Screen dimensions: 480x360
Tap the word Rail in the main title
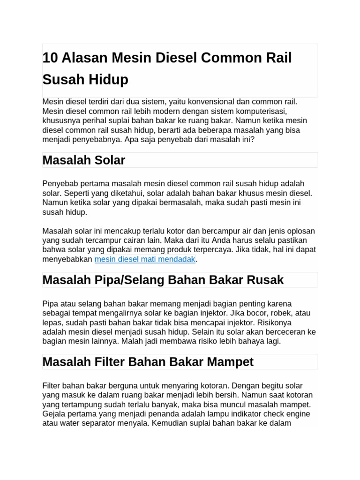(279, 58)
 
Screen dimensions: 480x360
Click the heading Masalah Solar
(83, 160)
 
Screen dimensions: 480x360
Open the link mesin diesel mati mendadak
(145, 259)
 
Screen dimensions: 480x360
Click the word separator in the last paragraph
(105, 423)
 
